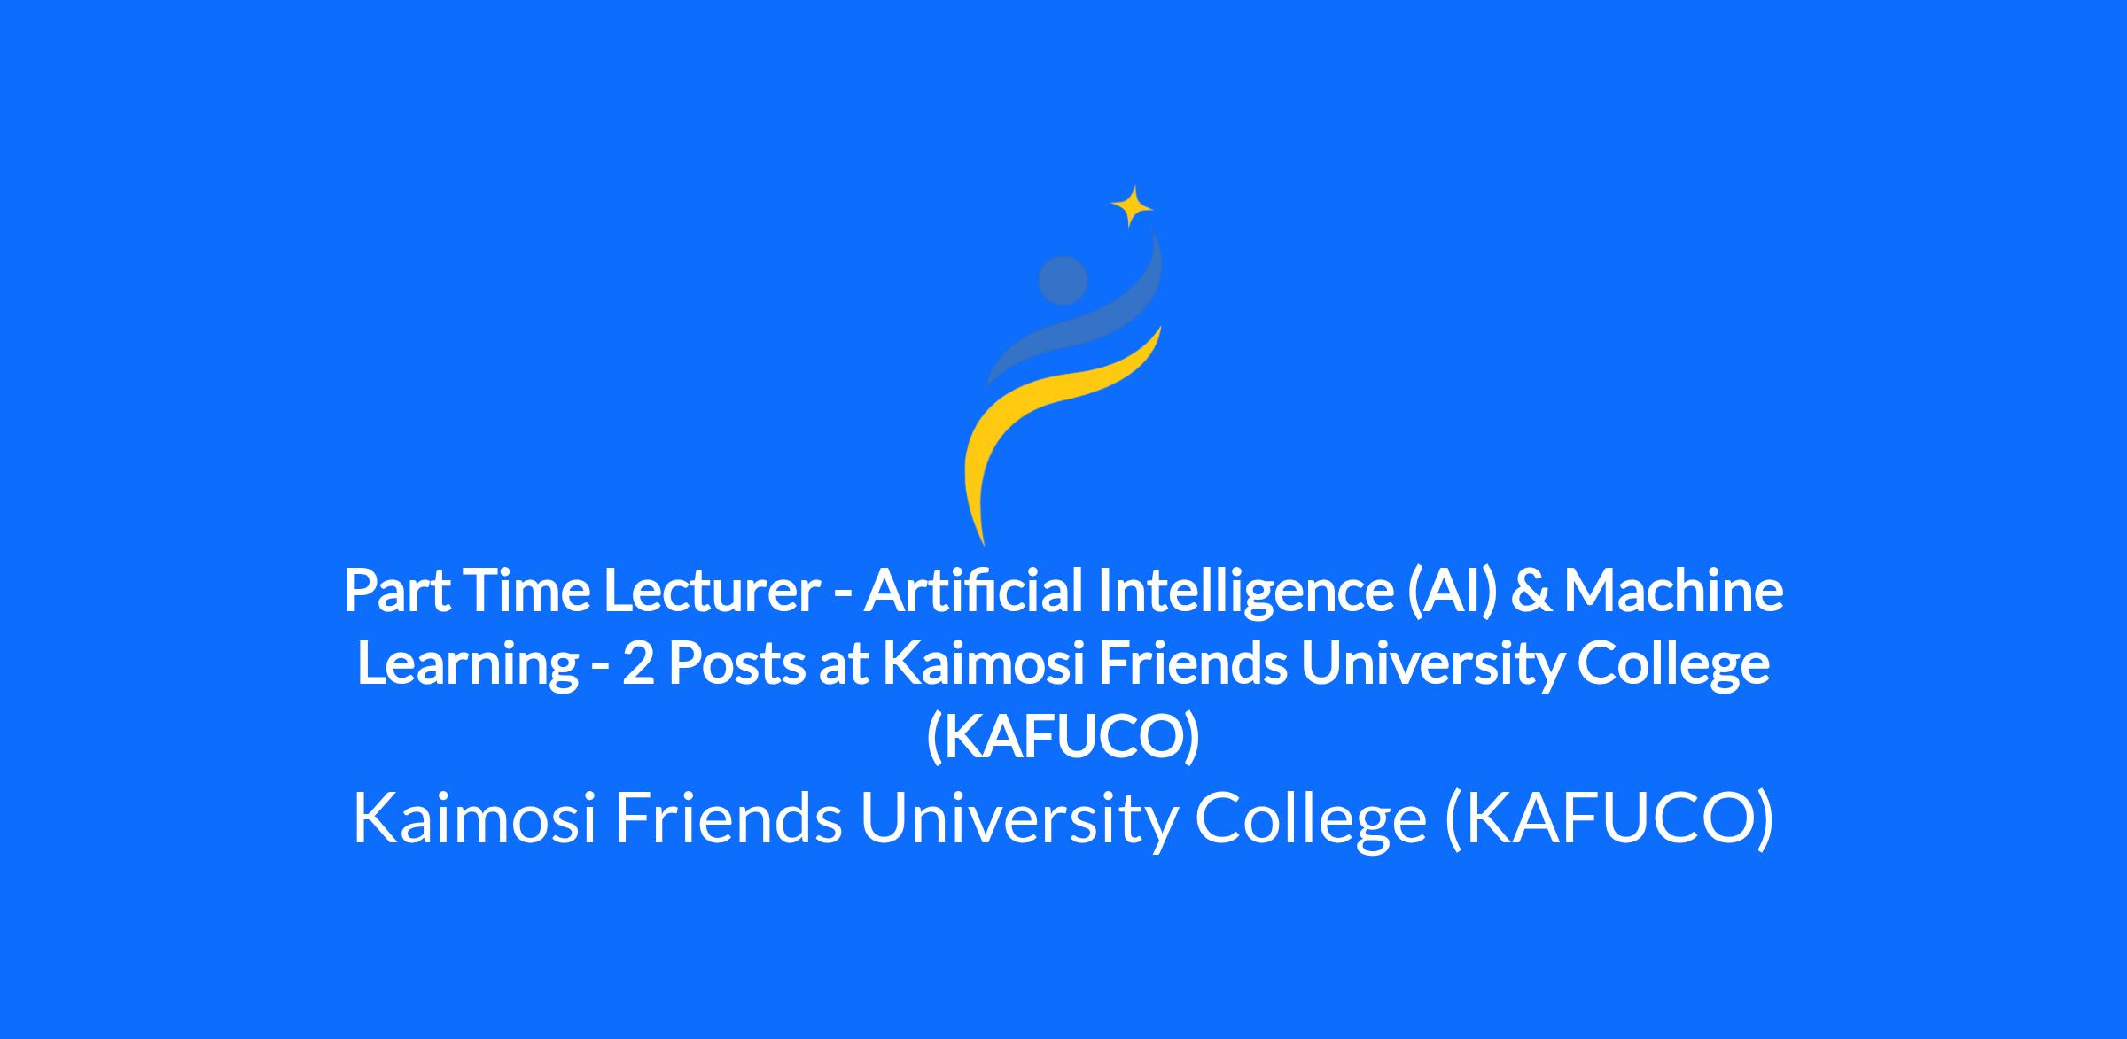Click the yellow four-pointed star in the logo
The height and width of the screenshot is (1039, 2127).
1132,207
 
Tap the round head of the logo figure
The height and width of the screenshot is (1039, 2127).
1063,280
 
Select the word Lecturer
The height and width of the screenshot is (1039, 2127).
712,592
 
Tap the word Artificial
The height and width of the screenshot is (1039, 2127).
974,592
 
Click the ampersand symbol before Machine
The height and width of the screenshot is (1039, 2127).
1529,592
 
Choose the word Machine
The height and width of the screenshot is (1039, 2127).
1673,592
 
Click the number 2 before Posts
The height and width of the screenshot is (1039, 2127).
637,664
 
